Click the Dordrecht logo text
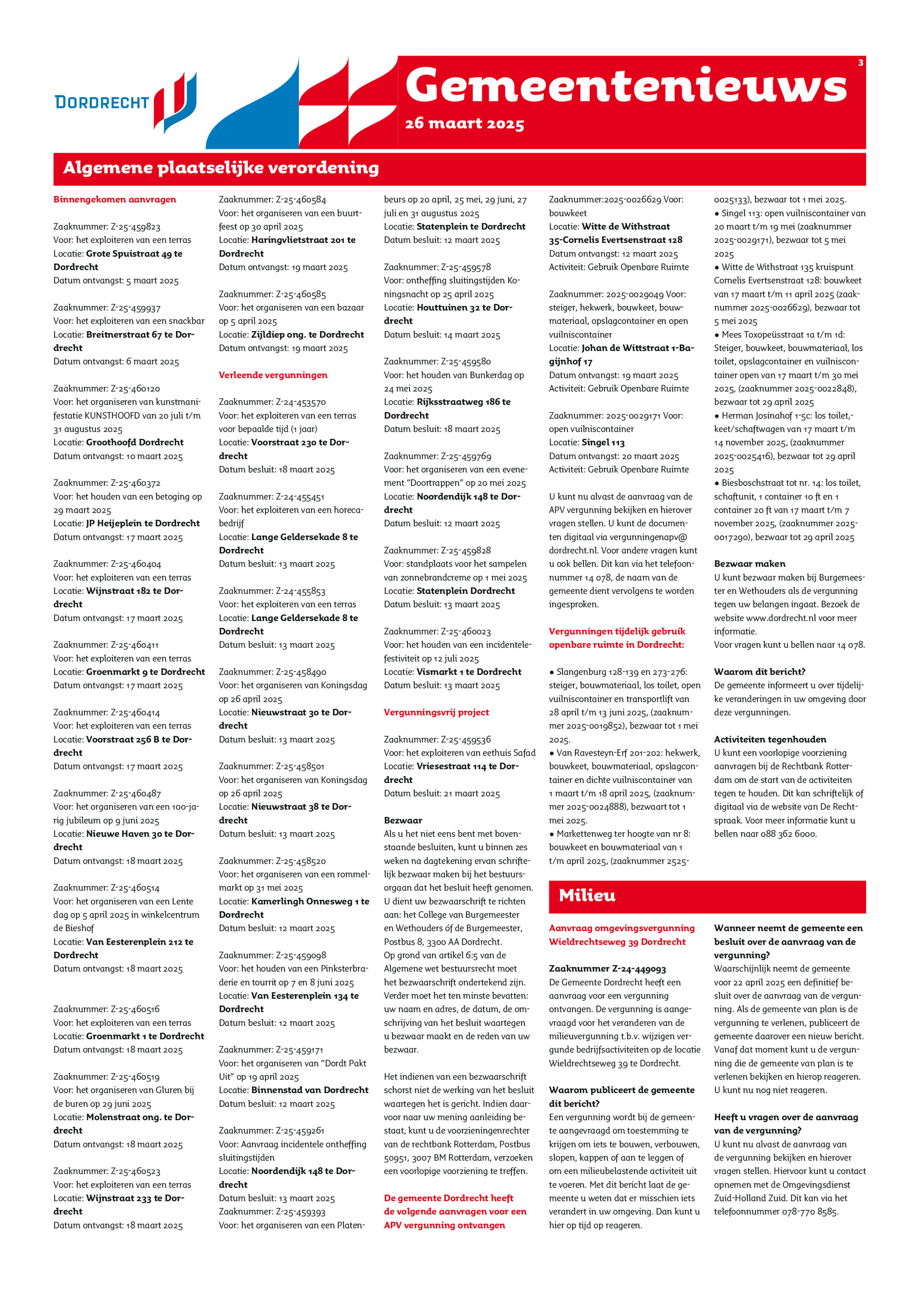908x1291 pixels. click(x=102, y=102)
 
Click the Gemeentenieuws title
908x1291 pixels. click(x=626, y=86)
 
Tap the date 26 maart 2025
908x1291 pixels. click(x=464, y=124)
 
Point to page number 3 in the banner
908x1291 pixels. click(x=860, y=63)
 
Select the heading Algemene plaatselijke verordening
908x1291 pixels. click(x=221, y=168)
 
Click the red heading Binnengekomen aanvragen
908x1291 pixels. click(x=115, y=199)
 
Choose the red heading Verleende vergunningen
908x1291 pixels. click(x=273, y=375)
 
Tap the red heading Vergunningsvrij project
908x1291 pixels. click(x=436, y=712)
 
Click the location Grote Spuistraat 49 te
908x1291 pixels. click(x=134, y=253)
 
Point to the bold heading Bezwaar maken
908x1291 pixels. click(x=749, y=564)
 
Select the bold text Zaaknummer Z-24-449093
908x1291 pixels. click(x=607, y=969)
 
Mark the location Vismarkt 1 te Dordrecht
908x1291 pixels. click(x=469, y=672)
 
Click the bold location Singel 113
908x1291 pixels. click(x=603, y=442)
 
